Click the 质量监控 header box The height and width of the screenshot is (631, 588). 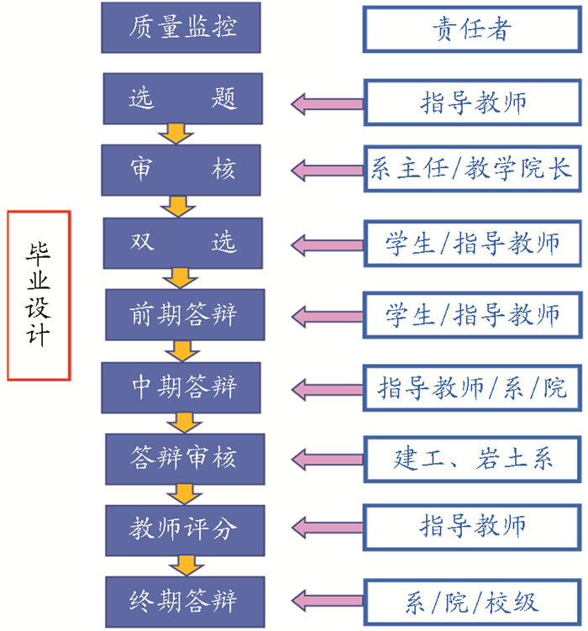(182, 28)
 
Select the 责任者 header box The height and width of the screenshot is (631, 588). (471, 29)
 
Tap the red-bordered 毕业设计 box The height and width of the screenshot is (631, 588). (39, 295)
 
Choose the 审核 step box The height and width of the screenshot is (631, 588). (182, 171)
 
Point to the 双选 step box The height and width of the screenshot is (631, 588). (183, 243)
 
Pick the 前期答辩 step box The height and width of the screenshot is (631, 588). (183, 314)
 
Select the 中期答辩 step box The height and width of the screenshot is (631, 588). (183, 386)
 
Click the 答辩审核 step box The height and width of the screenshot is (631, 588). (183, 458)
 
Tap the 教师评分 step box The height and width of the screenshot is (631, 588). (183, 528)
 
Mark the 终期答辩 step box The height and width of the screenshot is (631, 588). (183, 601)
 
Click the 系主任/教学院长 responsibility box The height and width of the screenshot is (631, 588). (471, 171)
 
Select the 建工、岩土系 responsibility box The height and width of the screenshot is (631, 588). (471, 458)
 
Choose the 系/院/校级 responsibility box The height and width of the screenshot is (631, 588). (471, 601)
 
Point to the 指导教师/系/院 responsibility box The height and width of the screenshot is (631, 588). (471, 386)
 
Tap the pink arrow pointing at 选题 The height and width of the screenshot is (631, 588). (327, 103)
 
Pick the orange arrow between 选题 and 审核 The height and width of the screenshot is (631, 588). (176, 134)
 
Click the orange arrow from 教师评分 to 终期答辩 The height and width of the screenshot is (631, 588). (178, 564)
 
